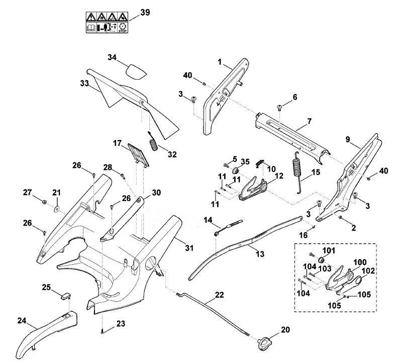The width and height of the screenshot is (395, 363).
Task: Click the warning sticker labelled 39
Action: click(x=107, y=23)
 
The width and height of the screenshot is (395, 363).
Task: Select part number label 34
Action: click(x=112, y=58)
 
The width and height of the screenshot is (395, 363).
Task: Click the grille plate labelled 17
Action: click(x=138, y=155)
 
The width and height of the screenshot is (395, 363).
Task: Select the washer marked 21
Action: click(x=56, y=208)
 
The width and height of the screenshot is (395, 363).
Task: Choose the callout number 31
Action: click(x=189, y=248)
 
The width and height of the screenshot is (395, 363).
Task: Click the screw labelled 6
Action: click(x=279, y=107)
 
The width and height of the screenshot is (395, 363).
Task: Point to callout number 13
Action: click(x=260, y=254)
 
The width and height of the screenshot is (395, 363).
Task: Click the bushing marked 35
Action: click(x=236, y=170)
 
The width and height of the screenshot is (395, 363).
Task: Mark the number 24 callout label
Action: click(x=22, y=320)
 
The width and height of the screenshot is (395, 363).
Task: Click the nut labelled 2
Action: click(x=340, y=217)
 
